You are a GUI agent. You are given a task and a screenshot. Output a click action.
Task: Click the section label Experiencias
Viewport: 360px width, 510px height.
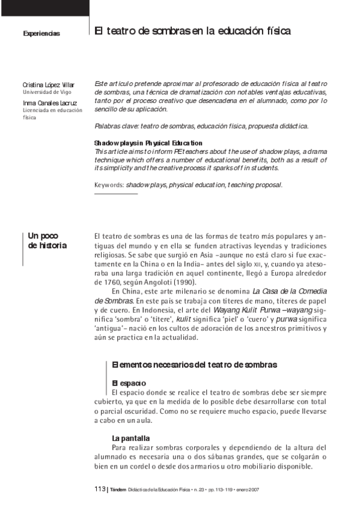(41, 34)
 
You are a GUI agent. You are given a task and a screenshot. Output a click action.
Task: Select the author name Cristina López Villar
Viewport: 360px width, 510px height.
(49, 85)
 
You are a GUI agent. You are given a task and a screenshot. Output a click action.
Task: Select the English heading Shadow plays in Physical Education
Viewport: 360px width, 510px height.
(148, 143)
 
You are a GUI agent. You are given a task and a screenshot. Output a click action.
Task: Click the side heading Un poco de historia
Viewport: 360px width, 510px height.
(47, 241)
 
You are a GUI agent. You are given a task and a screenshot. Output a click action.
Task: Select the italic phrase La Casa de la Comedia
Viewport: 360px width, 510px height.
(290, 291)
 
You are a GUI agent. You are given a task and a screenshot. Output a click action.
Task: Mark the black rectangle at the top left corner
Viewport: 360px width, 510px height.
(44, 7)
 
